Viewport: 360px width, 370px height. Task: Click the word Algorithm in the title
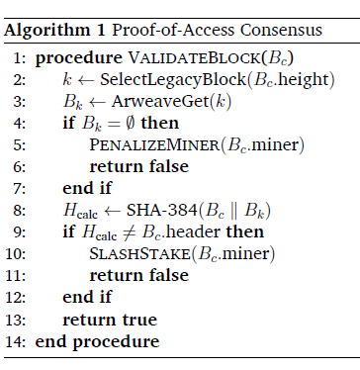point(46,31)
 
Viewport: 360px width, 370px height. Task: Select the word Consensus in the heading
point(281,31)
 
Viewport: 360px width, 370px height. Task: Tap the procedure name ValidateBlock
point(194,58)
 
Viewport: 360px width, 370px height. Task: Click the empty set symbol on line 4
point(131,123)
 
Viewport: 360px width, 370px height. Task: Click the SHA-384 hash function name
point(162,211)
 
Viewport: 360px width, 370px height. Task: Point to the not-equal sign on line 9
point(129,232)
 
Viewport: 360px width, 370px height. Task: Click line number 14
point(15,341)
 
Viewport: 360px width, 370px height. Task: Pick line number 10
point(15,254)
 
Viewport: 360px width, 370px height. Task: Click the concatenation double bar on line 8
point(233,211)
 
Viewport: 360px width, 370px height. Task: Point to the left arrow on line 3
point(97,102)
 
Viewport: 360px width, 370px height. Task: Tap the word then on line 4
point(160,123)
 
